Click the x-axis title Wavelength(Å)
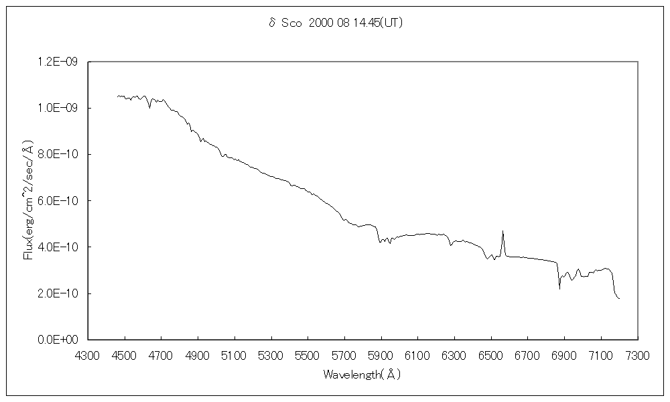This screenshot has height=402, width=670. pos(362,375)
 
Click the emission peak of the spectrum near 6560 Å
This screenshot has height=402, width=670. pos(503,231)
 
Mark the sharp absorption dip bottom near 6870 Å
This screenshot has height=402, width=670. pos(559,289)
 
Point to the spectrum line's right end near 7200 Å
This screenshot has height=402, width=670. pos(619,299)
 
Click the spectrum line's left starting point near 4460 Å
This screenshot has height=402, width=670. pos(117,96)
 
